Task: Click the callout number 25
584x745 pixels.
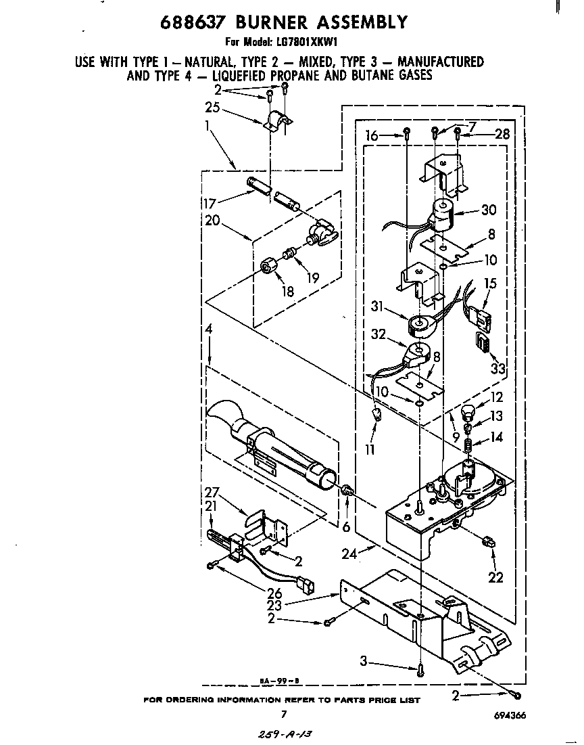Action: click(x=213, y=108)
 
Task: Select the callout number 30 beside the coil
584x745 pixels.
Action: click(x=489, y=210)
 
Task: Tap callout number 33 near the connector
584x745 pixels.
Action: click(x=498, y=368)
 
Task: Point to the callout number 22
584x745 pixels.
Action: click(x=495, y=577)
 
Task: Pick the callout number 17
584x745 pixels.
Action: click(x=210, y=202)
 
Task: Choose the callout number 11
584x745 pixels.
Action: click(x=370, y=449)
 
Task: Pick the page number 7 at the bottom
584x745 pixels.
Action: click(x=284, y=715)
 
